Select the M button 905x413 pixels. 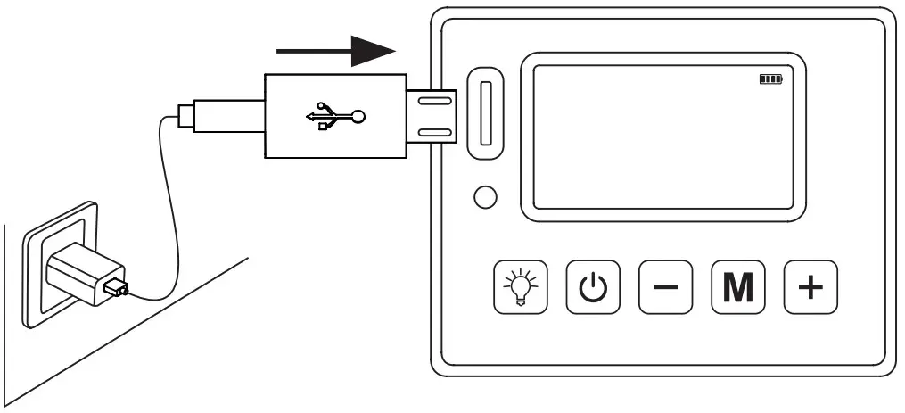[x=737, y=287]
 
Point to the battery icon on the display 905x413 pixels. [x=769, y=79]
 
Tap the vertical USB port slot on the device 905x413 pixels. [x=486, y=112]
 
